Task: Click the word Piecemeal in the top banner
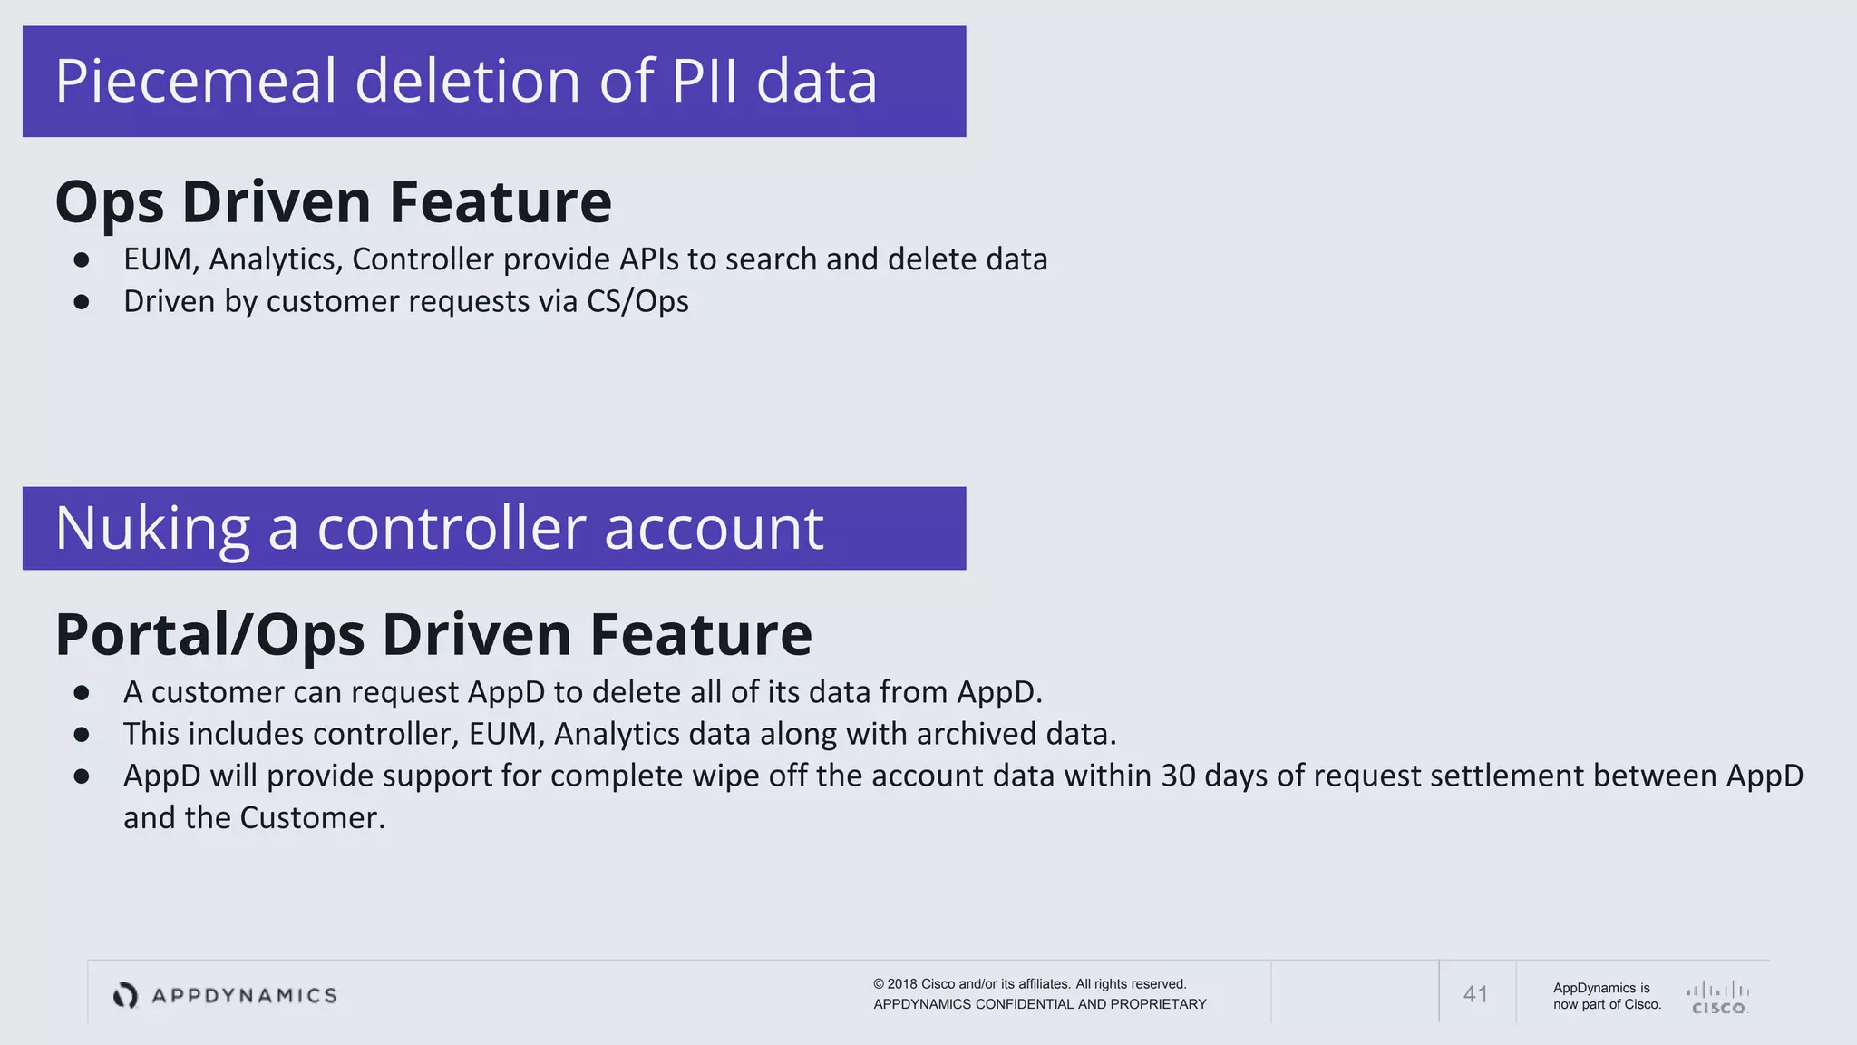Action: tap(196, 82)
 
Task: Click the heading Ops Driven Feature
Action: tap(333, 201)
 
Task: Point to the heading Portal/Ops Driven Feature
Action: tap(433, 634)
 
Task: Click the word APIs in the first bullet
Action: tap(648, 259)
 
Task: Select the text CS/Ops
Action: tap(637, 301)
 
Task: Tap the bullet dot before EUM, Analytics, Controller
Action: tap(82, 260)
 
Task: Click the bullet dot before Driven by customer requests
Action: tap(82, 302)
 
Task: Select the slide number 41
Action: tap(1475, 995)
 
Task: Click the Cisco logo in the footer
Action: tap(1717, 997)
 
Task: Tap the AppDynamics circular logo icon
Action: tap(125, 995)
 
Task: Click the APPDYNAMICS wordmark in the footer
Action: tap(244, 996)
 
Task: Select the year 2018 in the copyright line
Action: tap(901, 984)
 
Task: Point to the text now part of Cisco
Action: tap(1607, 1004)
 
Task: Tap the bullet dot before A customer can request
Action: tap(82, 693)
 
